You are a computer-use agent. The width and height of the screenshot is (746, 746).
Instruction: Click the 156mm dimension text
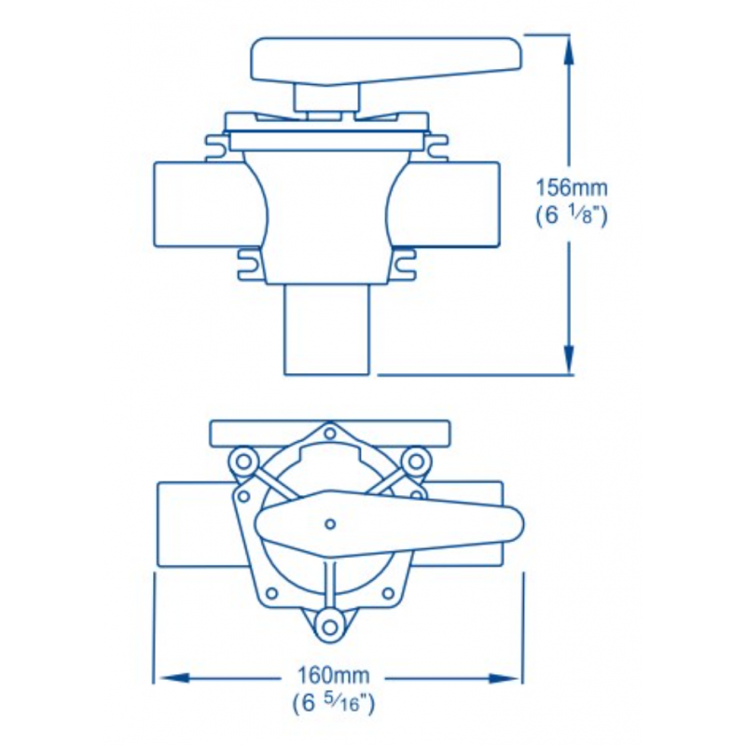[x=572, y=188]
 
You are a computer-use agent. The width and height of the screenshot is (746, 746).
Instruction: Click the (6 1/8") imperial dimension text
[x=572, y=217]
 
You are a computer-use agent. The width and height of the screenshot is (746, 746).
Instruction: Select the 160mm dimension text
[x=333, y=674]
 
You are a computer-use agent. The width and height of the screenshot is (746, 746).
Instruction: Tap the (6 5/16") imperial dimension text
[x=334, y=703]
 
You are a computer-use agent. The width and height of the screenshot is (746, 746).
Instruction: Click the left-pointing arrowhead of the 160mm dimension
[x=174, y=678]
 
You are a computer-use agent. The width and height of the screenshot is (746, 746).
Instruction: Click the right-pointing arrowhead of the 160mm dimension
[x=504, y=678]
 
